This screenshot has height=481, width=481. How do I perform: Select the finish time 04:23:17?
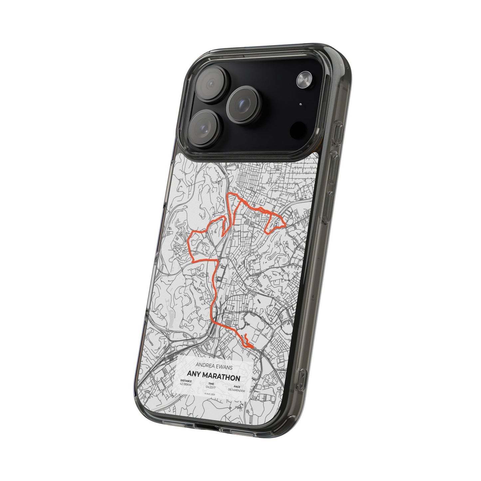click(211, 387)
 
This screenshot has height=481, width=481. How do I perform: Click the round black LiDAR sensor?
click(298, 129)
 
